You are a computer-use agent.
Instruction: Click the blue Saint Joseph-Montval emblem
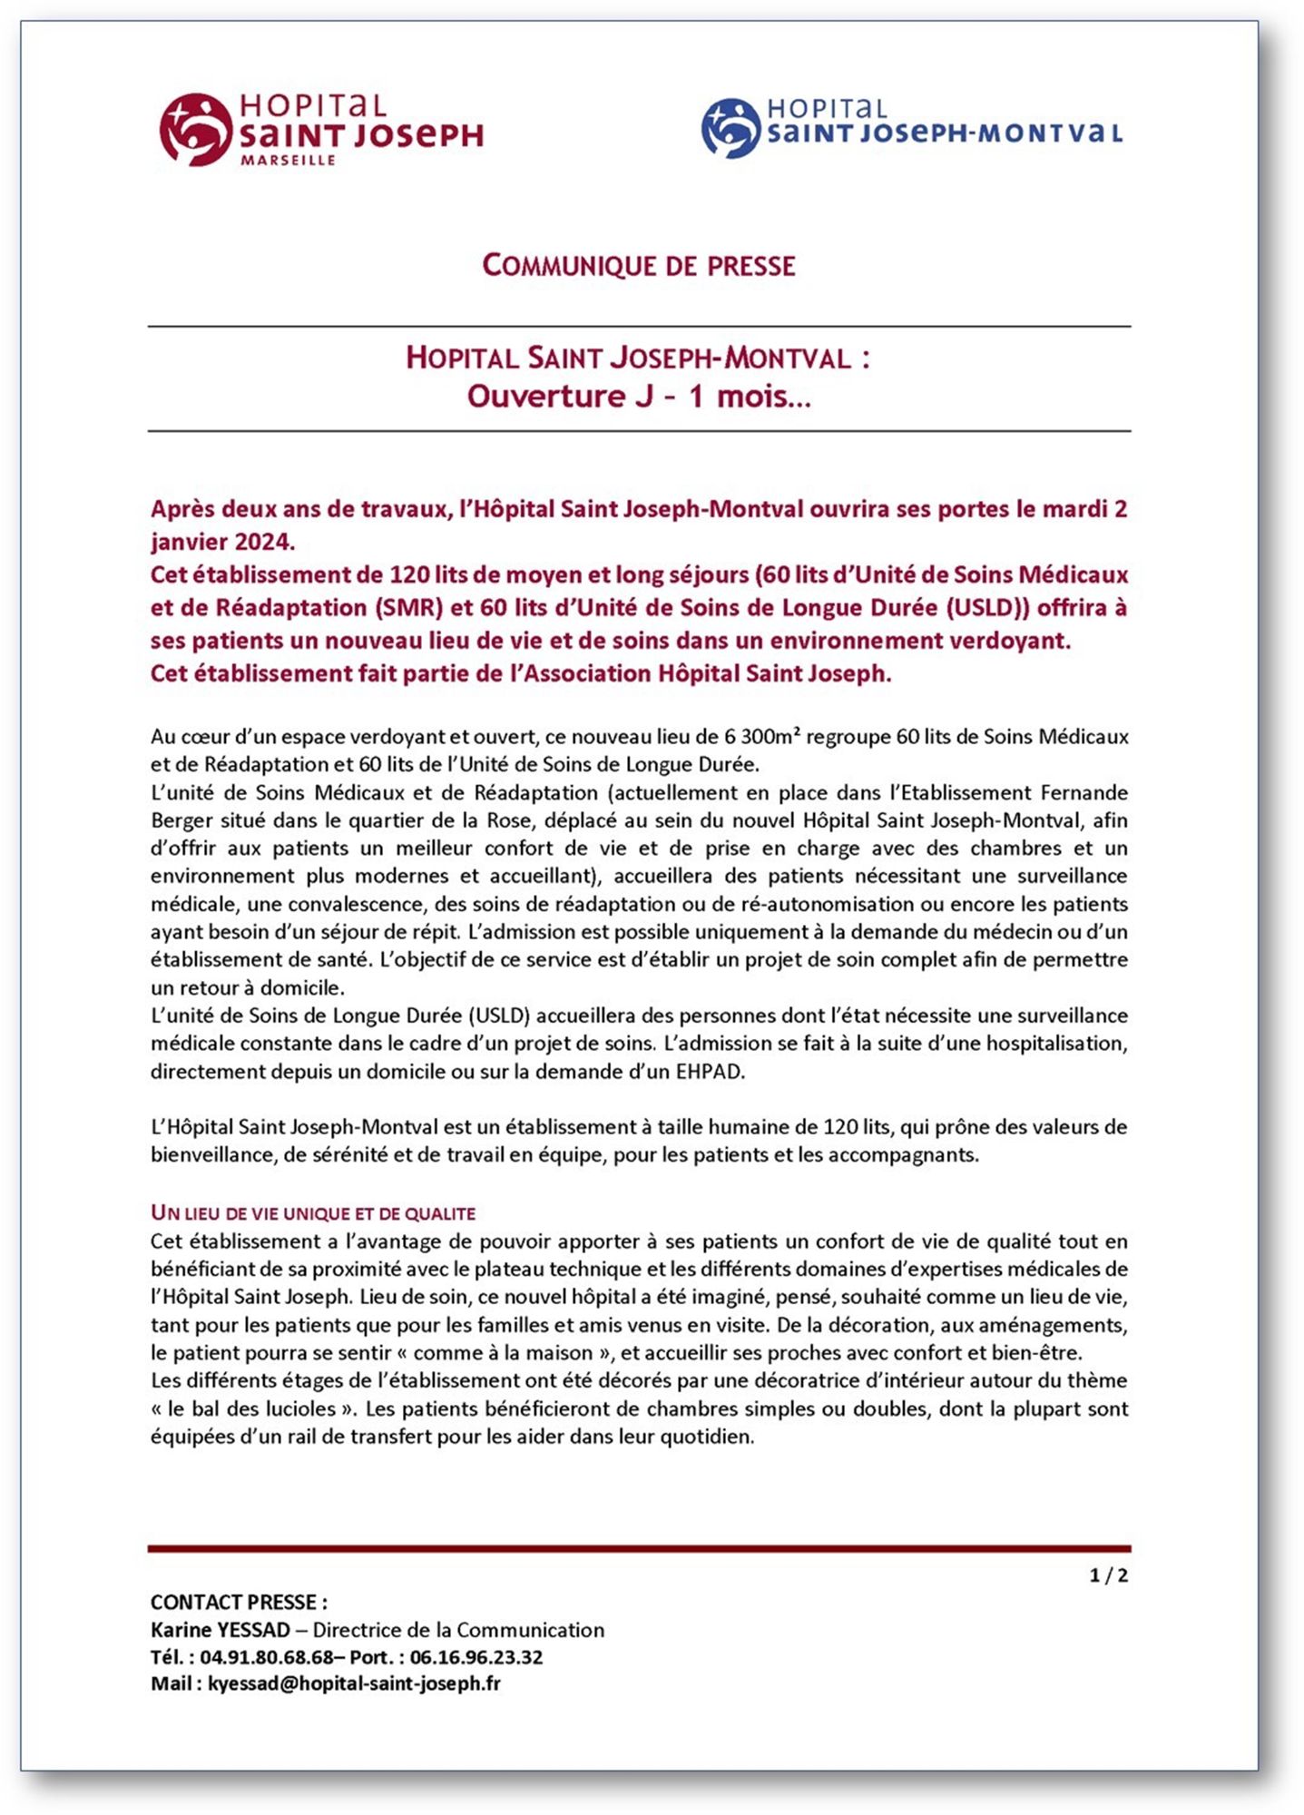[730, 128]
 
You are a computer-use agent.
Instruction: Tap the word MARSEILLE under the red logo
[288, 161]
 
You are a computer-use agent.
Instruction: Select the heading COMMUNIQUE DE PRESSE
[639, 266]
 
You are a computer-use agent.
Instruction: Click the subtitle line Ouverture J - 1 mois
[639, 397]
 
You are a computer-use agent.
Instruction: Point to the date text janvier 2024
[223, 542]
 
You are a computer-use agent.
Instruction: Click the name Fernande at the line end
[1083, 792]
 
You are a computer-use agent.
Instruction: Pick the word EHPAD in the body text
[710, 1072]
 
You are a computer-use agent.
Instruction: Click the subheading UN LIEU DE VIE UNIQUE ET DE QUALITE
[313, 1213]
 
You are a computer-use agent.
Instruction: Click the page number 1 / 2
[1108, 1575]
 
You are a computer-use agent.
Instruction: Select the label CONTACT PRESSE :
[239, 1603]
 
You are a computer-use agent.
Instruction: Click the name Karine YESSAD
[221, 1630]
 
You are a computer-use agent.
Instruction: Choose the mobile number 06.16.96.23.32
[476, 1657]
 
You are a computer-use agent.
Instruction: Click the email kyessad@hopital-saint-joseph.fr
[354, 1684]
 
